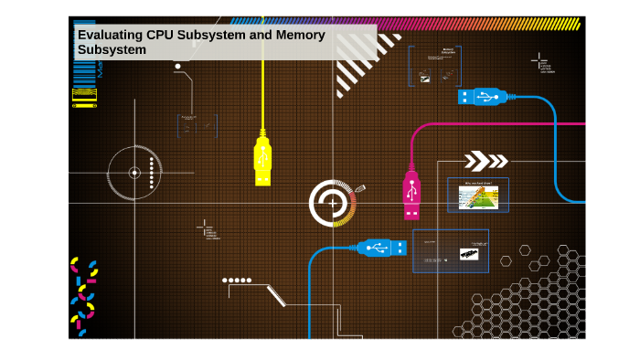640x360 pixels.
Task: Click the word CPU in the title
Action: pos(163,35)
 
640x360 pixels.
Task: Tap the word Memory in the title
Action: pos(301,35)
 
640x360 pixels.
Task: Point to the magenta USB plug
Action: pos(411,195)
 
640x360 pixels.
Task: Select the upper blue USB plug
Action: pos(482,96)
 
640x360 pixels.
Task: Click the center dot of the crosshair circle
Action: pos(134,173)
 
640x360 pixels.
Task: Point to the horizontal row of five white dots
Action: pos(237,281)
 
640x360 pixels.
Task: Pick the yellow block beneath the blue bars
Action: pos(85,95)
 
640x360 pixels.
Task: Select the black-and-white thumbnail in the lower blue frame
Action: pos(468,253)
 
